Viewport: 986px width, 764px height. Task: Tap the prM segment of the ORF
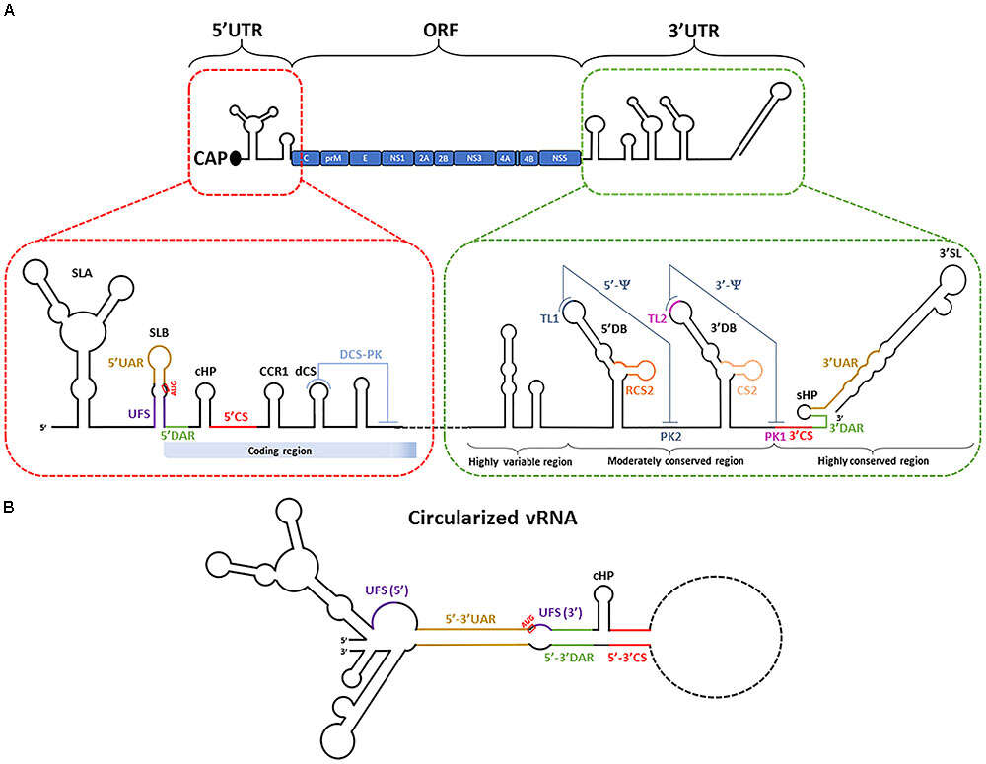click(x=332, y=157)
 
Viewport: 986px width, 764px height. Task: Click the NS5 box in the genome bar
click(x=559, y=157)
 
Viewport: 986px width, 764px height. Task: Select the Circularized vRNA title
click(x=496, y=519)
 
